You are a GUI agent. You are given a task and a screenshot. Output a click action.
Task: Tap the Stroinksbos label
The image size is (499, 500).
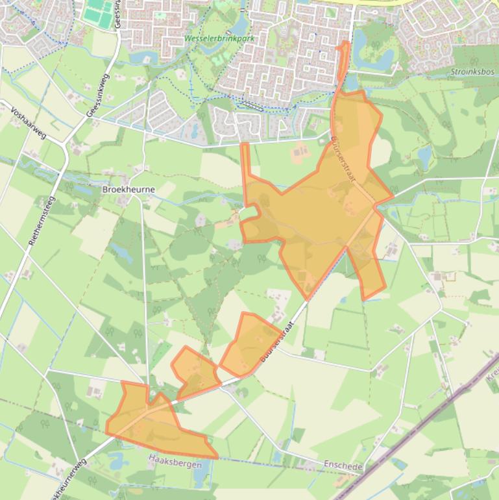coord(472,71)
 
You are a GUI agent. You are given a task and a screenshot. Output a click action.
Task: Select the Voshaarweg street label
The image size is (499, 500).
coord(29,123)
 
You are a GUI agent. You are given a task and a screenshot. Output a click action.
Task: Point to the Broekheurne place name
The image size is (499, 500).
coord(123,189)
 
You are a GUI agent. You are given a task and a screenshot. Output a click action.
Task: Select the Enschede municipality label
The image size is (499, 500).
coord(343,466)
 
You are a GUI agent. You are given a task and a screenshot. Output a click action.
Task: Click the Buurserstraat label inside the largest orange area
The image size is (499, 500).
coord(343,159)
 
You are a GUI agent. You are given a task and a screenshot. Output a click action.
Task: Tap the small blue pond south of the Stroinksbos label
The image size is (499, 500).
coord(425,155)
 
